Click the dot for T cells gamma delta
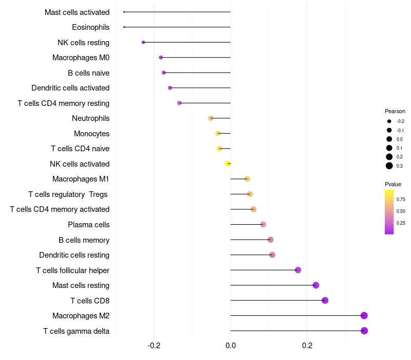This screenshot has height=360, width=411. click(364, 331)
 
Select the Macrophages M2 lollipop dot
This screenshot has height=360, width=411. click(364, 316)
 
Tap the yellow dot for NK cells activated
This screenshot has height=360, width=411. click(228, 164)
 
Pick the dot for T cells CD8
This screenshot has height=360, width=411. click(325, 300)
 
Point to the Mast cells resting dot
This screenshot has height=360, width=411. click(316, 285)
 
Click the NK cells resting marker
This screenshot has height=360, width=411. click(143, 42)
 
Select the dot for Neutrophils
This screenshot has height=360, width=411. click(211, 118)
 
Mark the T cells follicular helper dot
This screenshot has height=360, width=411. click(298, 270)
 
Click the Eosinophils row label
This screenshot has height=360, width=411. click(91, 27)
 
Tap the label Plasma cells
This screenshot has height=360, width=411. click(88, 225)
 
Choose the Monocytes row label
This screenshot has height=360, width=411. click(91, 134)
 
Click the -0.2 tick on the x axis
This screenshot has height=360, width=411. click(154, 345)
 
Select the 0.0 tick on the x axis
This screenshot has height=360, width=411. click(231, 345)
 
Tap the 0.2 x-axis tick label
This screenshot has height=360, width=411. click(307, 345)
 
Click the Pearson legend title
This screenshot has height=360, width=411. click(395, 111)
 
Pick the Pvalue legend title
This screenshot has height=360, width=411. click(393, 184)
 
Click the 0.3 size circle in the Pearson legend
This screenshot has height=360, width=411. click(389, 166)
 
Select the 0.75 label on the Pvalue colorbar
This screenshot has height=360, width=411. click(401, 200)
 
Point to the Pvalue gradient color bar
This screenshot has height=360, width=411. click(389, 212)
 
